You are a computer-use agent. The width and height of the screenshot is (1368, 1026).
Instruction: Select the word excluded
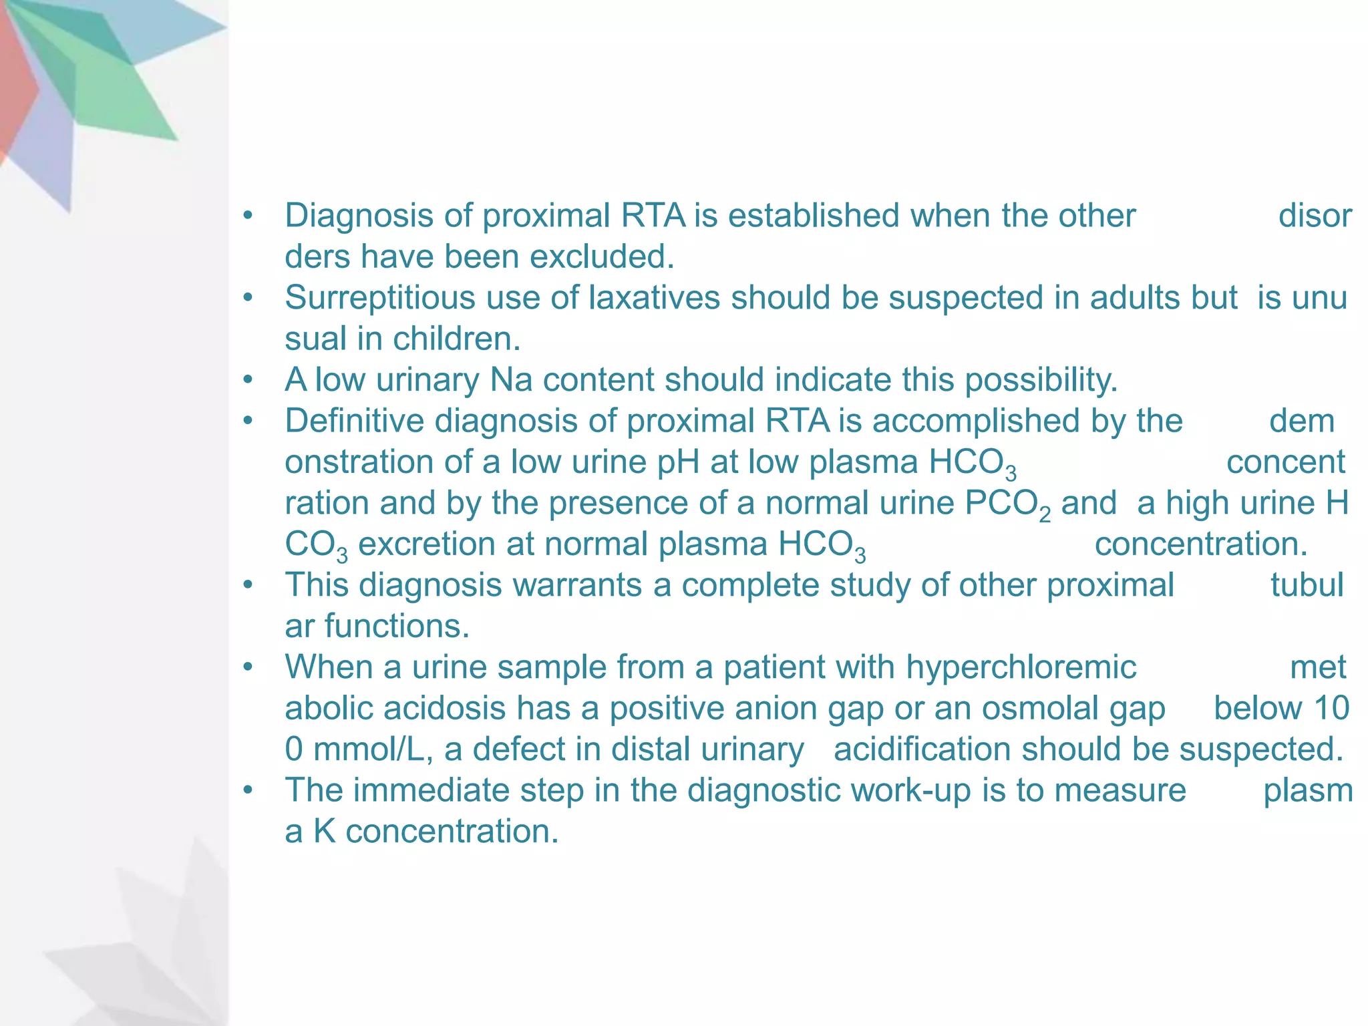click(602, 257)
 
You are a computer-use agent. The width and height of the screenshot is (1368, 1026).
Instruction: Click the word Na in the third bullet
click(511, 380)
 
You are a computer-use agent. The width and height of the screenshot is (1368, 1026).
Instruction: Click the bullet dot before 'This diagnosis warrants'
click(248, 586)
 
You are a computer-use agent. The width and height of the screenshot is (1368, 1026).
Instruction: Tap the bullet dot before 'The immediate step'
click(248, 791)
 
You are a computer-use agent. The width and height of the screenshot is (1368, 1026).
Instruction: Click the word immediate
click(431, 791)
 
